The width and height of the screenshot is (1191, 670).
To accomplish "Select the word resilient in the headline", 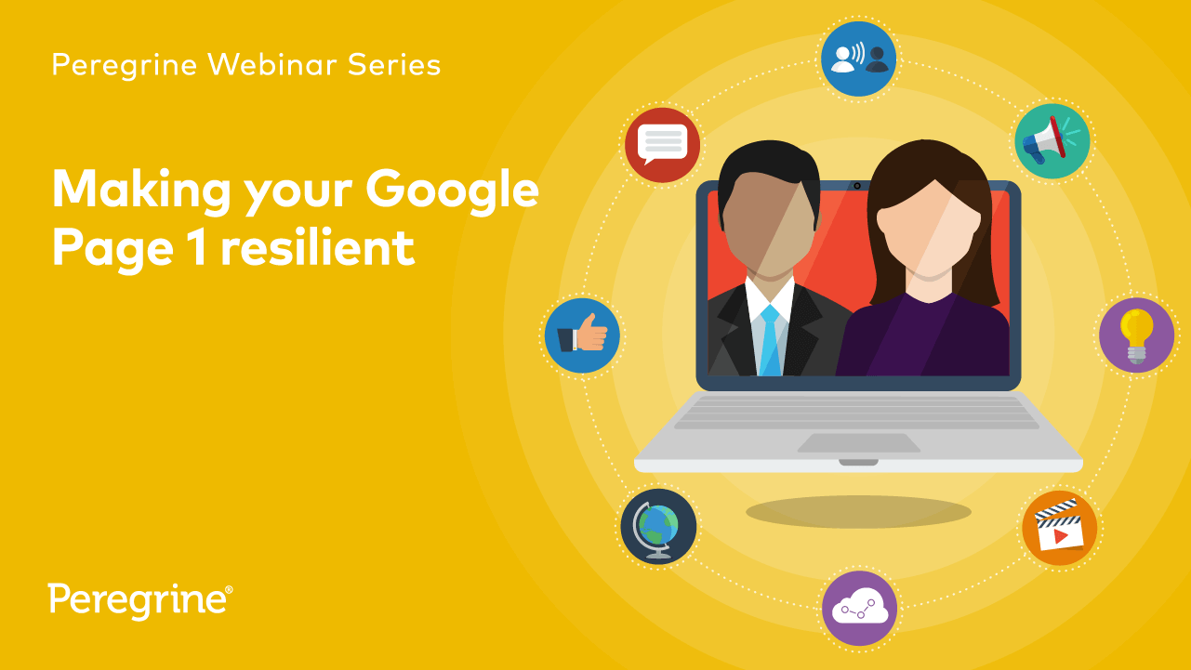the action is coord(317,247).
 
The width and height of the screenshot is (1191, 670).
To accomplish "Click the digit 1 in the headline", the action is coord(197,247).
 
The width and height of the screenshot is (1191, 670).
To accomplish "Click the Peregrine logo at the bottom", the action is coord(140,601).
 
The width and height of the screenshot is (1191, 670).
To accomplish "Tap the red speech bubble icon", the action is coord(662,145).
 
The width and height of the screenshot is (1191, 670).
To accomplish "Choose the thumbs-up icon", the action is coord(582,335).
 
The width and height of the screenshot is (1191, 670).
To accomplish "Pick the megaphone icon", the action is coord(1052,141).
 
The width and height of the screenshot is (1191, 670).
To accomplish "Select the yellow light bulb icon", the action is coord(1137,335).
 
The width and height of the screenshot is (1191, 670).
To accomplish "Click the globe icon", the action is coord(658,526).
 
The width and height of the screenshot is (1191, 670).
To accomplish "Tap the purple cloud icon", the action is coord(859,609).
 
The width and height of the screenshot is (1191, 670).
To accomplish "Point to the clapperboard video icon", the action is coord(1060,528).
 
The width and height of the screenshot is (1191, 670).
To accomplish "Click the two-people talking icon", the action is coord(859,59).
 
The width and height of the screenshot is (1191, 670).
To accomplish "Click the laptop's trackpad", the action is coord(859,442).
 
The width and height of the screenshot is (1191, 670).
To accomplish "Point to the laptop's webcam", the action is coord(857,186).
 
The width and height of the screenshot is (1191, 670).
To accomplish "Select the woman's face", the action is coord(929,229).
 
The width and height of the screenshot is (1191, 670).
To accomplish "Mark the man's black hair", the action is coord(769,171).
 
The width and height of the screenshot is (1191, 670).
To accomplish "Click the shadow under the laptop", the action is coord(859,512).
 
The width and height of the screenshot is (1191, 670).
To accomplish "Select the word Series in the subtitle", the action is coord(394,65).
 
